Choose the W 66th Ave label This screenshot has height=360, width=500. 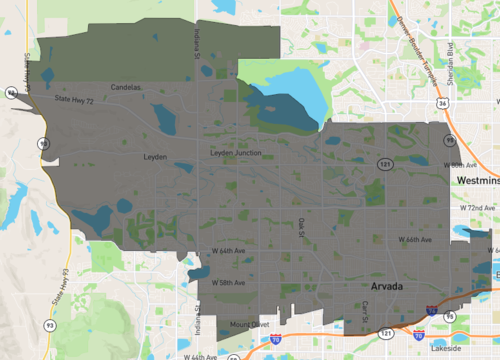(414, 240)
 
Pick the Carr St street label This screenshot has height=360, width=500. (366, 311)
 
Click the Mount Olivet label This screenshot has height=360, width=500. (248, 324)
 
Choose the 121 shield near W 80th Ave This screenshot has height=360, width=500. (385, 161)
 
